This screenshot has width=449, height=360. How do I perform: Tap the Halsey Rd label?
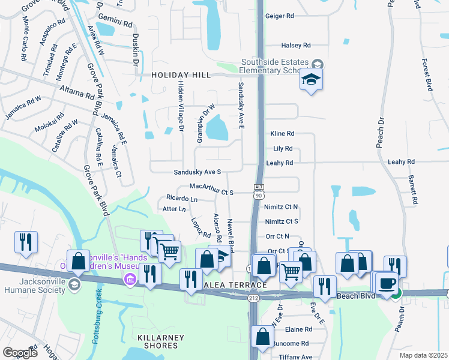pyautogui.click(x=297, y=45)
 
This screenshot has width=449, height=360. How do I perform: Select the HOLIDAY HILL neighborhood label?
pyautogui.click(x=181, y=75)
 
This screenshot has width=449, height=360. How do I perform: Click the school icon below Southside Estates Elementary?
pyautogui.click(x=311, y=80)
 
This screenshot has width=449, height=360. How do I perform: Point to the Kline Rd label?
pyautogui.click(x=282, y=133)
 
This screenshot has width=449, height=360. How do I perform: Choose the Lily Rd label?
pyautogui.click(x=282, y=148)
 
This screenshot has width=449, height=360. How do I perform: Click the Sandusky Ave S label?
pyautogui.click(x=197, y=172)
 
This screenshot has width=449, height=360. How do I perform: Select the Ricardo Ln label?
pyautogui.click(x=182, y=198)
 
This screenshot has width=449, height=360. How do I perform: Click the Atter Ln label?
pyautogui.click(x=174, y=209)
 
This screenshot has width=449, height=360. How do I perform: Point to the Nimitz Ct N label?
pyautogui.click(x=281, y=206)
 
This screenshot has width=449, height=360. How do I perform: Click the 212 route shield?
pyautogui.click(x=252, y=298)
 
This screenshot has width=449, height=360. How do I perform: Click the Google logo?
pyautogui.click(x=20, y=353)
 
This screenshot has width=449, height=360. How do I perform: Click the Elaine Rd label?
pyautogui.click(x=298, y=329)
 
